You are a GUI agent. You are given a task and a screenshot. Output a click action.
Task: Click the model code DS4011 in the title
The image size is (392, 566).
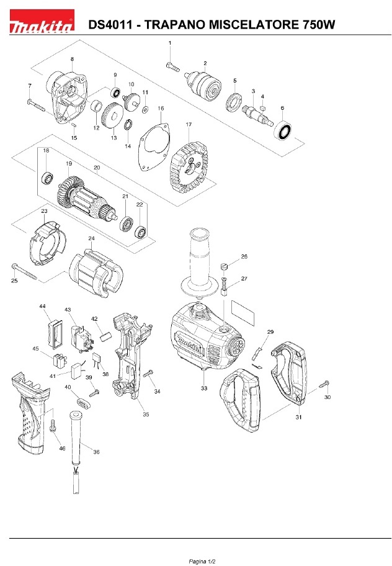click(x=112, y=25)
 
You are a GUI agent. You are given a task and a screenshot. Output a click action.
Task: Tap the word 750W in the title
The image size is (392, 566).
click(x=319, y=25)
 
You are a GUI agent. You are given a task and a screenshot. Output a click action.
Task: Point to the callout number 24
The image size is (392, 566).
click(x=91, y=238)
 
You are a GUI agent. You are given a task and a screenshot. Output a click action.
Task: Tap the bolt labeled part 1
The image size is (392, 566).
click(x=172, y=64)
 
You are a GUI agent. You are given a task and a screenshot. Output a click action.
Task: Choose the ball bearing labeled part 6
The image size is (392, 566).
click(x=286, y=132)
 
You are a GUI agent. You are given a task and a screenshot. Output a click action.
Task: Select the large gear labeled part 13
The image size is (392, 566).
click(x=112, y=116)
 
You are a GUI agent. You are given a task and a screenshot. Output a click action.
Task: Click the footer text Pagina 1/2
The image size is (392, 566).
click(x=196, y=560)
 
